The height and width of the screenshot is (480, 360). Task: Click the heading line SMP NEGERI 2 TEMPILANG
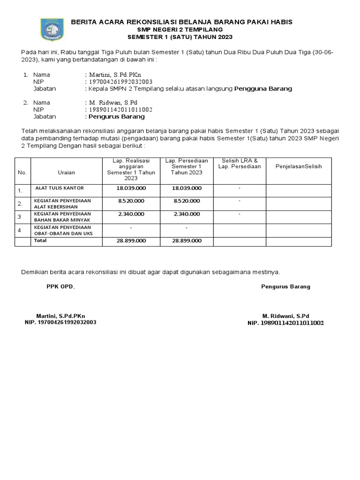[x=181, y=30]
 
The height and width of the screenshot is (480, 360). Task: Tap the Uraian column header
[x=66, y=172]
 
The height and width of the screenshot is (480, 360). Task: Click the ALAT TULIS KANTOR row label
[x=60, y=188]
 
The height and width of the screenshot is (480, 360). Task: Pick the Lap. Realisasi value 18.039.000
[x=131, y=188]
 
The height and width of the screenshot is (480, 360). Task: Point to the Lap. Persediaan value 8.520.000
[x=187, y=201]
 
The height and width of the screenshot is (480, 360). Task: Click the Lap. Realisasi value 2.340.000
[x=131, y=214]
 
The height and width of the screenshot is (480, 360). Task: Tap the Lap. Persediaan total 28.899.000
[x=187, y=240]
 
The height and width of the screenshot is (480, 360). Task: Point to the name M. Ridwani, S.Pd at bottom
[x=285, y=316]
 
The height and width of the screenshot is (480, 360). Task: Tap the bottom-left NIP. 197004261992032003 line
[x=60, y=322]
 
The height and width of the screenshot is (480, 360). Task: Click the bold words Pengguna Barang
[x=263, y=88]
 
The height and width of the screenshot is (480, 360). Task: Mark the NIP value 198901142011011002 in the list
[x=120, y=109]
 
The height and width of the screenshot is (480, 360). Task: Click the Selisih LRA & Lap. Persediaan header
[x=240, y=164]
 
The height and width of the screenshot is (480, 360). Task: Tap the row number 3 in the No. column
[x=20, y=217]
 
